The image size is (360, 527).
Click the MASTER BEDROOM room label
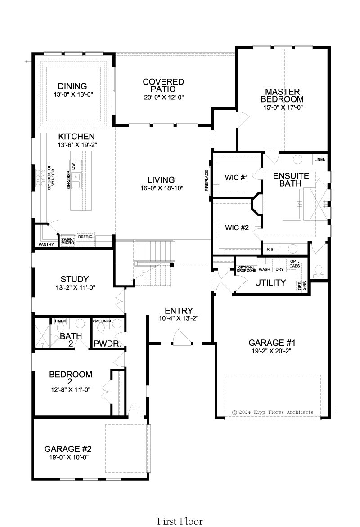282,95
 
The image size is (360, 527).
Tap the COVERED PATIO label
163,85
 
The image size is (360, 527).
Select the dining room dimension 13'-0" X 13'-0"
73,95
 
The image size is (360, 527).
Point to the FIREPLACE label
207,180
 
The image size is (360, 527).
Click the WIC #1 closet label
237,178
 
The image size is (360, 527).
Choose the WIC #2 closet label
237,228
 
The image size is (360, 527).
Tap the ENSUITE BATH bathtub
292,204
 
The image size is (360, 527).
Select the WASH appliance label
265,269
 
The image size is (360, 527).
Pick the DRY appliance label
279,269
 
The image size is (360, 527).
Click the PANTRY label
46,244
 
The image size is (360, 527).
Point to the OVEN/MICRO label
67,241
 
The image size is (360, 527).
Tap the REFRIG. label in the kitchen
85,237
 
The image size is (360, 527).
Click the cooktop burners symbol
40,178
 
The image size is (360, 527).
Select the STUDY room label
75,279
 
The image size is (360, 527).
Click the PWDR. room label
108,344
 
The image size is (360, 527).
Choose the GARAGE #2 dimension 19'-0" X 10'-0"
69,457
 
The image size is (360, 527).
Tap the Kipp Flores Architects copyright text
273,412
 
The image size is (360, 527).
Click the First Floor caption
180,521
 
